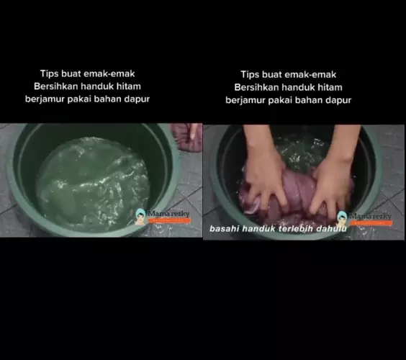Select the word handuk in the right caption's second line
[299, 87]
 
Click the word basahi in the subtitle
[225, 229]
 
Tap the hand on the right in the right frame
[331, 180]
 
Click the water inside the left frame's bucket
[94, 180]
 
